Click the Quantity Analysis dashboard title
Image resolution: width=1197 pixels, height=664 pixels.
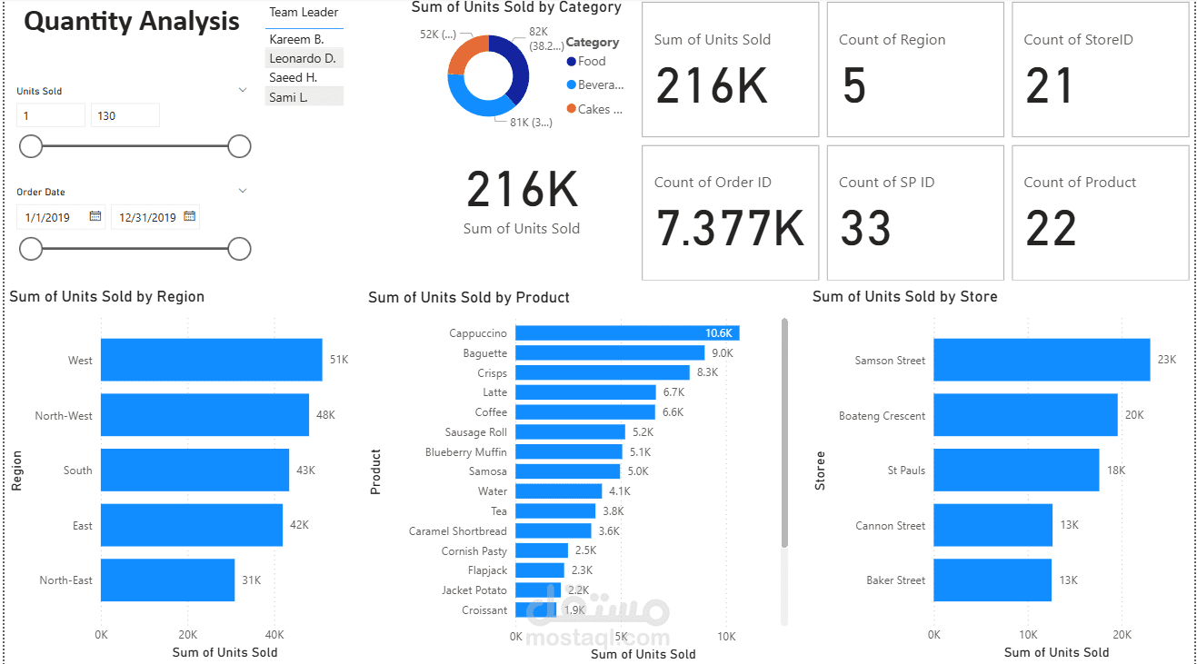132,22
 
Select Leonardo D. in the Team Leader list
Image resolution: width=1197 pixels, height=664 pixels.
303,58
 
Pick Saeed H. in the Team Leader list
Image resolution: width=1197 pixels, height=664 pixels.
293,77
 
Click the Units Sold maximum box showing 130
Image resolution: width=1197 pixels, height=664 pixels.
125,115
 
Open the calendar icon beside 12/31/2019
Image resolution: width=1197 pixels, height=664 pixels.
189,216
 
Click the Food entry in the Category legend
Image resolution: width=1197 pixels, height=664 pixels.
591,62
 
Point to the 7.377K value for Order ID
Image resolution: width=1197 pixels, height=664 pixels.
730,228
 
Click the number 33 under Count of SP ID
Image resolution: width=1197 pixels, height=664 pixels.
865,228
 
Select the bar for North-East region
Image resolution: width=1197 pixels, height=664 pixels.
167,580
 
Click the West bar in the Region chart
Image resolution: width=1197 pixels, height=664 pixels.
211,360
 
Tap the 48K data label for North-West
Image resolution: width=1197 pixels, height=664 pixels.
325,415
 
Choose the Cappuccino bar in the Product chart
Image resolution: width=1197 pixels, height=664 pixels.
627,333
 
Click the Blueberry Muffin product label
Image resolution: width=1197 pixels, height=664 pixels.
465,452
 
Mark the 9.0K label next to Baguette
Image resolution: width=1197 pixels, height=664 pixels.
722,353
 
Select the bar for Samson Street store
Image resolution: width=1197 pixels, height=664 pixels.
1041,360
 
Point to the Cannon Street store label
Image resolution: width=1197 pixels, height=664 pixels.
890,526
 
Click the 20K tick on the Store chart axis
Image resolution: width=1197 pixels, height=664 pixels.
1122,635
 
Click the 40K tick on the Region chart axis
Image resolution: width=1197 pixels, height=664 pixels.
274,635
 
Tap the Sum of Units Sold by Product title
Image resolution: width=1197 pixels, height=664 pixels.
468,298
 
